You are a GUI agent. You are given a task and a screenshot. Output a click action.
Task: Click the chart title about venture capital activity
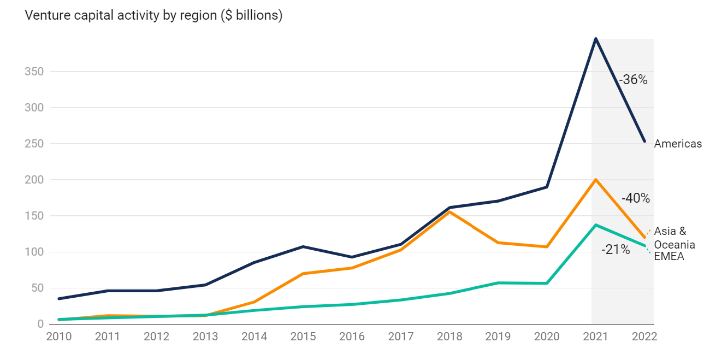pos(153,15)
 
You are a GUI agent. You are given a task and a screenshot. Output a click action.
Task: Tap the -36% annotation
pos(632,80)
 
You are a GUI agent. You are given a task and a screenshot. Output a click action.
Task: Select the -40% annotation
pos(635,198)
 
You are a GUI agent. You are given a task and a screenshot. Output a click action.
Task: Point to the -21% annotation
pos(616,250)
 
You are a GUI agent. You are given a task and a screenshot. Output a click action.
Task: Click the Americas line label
pos(678,144)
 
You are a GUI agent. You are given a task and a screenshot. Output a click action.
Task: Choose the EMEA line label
pos(669,256)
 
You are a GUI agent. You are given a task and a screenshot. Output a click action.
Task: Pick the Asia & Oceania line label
pos(674,238)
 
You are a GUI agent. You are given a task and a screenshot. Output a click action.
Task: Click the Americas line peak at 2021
pos(595,38)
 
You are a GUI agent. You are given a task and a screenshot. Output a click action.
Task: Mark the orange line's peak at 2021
pos(595,179)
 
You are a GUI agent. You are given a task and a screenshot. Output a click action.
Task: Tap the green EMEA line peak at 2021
pos(595,225)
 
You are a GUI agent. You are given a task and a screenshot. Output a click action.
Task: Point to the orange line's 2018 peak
pos(449,211)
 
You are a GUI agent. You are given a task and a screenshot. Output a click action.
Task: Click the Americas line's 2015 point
pos(303,246)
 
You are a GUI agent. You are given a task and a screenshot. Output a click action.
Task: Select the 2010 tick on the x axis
pos(59,337)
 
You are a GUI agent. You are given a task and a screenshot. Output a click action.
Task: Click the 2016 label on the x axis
pos(352,337)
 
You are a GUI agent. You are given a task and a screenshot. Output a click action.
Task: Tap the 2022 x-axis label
pos(644,337)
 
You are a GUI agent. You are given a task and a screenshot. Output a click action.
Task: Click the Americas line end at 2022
pos(644,141)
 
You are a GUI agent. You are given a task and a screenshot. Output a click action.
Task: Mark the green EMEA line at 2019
pos(498,283)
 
